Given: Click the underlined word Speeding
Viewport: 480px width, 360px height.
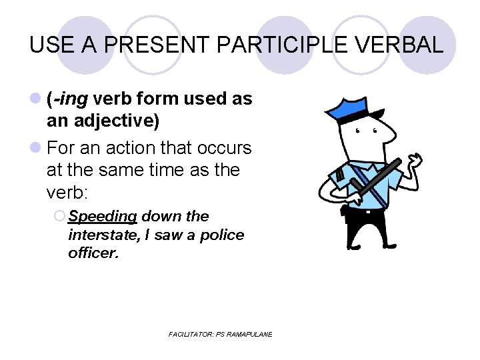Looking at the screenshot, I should (x=103, y=217).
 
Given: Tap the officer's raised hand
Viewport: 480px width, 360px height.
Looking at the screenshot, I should (x=416, y=162).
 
